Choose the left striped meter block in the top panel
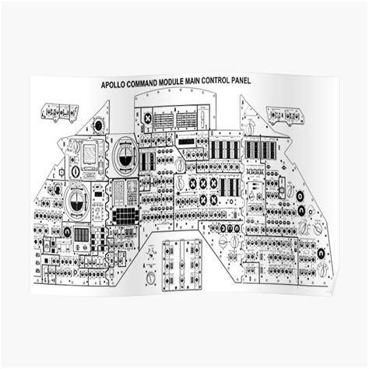(x=164, y=121)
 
